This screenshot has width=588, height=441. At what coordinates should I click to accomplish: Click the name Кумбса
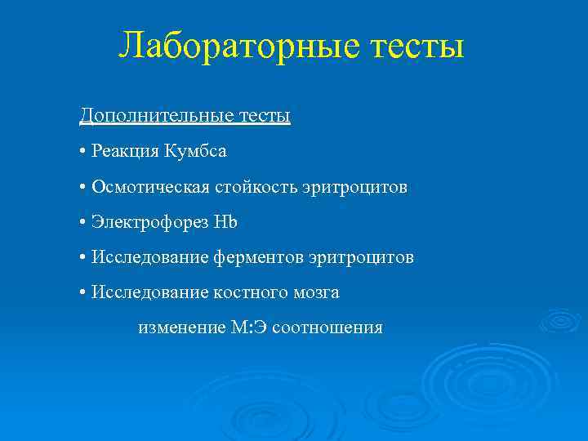(x=195, y=151)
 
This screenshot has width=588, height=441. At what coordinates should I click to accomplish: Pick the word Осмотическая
(x=151, y=187)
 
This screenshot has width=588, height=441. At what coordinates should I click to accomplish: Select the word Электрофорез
(x=149, y=222)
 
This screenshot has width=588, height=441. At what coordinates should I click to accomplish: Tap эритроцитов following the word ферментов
(x=361, y=257)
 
